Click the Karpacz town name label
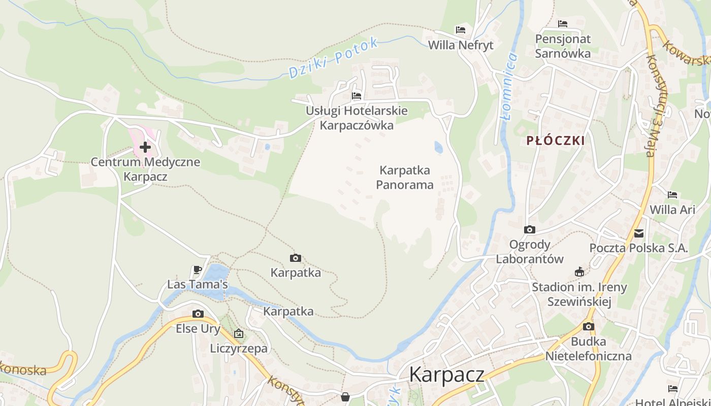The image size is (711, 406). (446, 375)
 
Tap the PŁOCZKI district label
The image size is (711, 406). (556, 141)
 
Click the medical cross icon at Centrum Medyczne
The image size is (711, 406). (145, 147)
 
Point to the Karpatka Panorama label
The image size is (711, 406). (405, 177)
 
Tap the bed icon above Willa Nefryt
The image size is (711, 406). (461, 30)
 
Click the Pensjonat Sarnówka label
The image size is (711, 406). (563, 46)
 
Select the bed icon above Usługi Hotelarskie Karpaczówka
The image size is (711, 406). (357, 95)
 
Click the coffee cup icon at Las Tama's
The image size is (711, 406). (198, 270)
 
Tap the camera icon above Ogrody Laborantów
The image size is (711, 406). (530, 230)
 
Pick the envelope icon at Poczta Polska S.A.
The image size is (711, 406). (639, 233)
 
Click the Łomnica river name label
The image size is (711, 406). (509, 86)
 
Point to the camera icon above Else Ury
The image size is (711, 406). (198, 314)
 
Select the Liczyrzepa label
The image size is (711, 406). (239, 349)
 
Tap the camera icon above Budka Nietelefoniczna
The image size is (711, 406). (589, 326)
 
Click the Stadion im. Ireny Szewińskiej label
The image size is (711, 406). (579, 294)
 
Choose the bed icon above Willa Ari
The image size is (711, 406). (672, 195)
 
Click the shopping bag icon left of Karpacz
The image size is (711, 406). (345, 396)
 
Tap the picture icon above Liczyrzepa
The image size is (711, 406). (239, 333)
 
